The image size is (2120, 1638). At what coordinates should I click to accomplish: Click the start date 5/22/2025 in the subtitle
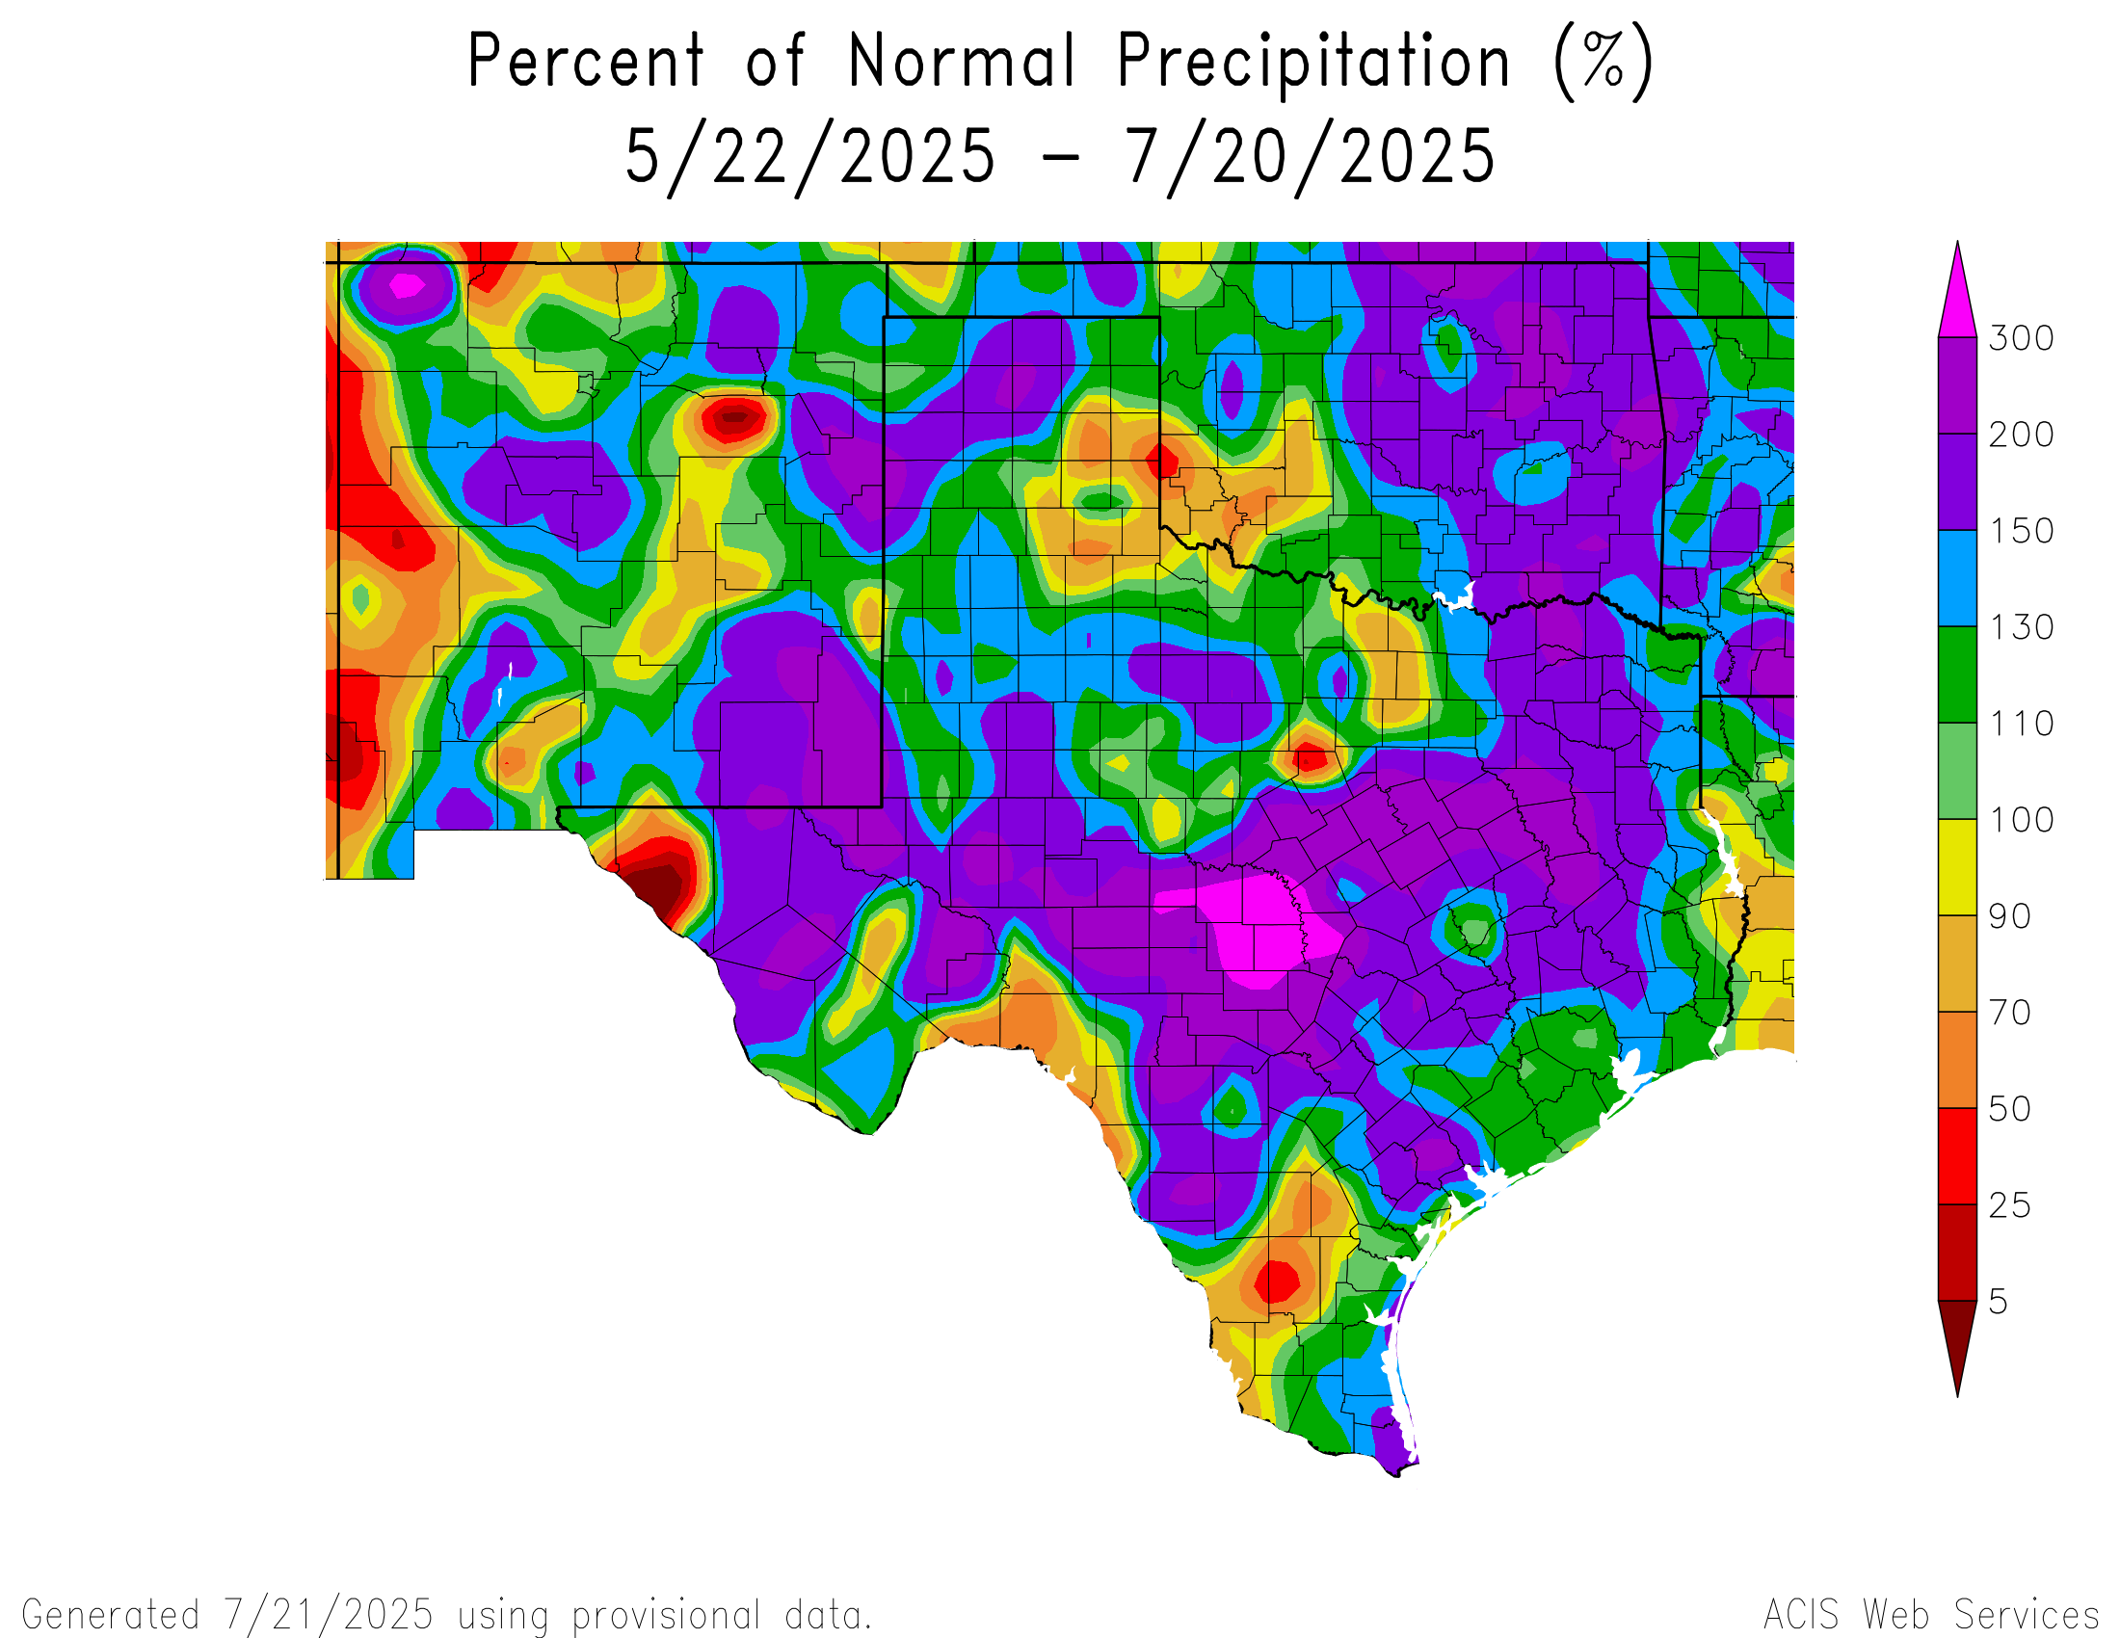pyautogui.click(x=810, y=157)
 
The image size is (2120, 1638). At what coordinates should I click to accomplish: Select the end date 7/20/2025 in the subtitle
pyautogui.click(x=1310, y=157)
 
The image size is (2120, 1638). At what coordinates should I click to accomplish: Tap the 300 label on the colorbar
pyautogui.click(x=2021, y=338)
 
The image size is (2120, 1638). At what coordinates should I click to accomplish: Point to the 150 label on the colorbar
pyautogui.click(x=2021, y=531)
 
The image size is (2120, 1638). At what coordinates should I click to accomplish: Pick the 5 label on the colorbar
pyautogui.click(x=1998, y=1302)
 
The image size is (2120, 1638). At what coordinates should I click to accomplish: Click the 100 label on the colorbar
pyautogui.click(x=2021, y=820)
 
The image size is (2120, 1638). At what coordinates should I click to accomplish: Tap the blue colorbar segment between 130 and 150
pyautogui.click(x=1957, y=578)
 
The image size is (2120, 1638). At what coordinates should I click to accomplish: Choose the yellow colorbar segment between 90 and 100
pyautogui.click(x=1957, y=867)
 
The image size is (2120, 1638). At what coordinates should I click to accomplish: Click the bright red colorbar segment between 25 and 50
pyautogui.click(x=1957, y=1155)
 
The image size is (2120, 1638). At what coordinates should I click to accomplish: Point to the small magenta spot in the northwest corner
pyautogui.click(x=406, y=285)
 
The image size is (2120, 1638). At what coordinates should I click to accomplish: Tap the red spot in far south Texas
pyautogui.click(x=1276, y=1281)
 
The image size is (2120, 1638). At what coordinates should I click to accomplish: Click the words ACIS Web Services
pyautogui.click(x=1931, y=1615)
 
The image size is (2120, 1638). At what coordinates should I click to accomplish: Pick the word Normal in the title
pyautogui.click(x=961, y=62)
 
